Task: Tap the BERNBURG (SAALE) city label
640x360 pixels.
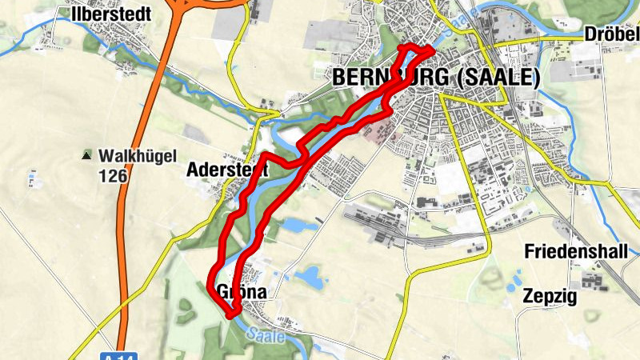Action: pyautogui.click(x=435, y=78)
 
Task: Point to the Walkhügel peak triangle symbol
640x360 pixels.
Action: pyautogui.click(x=86, y=154)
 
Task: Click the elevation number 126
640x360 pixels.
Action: pyautogui.click(x=114, y=175)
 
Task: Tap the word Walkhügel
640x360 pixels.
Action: pyautogui.click(x=138, y=155)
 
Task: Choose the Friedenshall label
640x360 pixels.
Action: pyautogui.click(x=575, y=251)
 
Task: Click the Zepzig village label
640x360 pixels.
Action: pyautogui.click(x=550, y=296)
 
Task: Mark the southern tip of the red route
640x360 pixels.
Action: pyautogui.click(x=231, y=316)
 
